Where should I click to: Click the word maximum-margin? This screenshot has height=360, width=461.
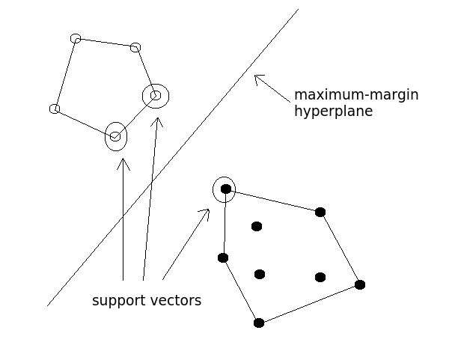point(355,95)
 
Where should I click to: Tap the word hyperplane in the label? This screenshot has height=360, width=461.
point(333,112)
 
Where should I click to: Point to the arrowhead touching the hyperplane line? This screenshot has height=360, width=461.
point(257,77)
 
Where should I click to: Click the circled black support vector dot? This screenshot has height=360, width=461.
point(225,189)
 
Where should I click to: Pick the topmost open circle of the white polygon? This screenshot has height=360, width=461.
point(76,38)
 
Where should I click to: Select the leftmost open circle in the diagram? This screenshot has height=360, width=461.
point(55,109)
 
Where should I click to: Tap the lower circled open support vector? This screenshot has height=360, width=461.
point(115,136)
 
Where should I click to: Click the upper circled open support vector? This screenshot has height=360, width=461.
point(156,96)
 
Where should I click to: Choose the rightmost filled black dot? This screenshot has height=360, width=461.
point(360,284)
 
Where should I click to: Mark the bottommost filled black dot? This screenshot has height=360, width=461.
point(259,323)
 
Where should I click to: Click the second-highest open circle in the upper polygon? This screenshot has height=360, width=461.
point(135,48)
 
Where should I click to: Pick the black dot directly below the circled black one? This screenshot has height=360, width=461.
point(223,257)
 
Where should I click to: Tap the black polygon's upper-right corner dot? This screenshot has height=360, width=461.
point(320,212)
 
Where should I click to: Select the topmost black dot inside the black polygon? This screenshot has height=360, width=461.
point(257,226)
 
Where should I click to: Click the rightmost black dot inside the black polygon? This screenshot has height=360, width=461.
point(320,277)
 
